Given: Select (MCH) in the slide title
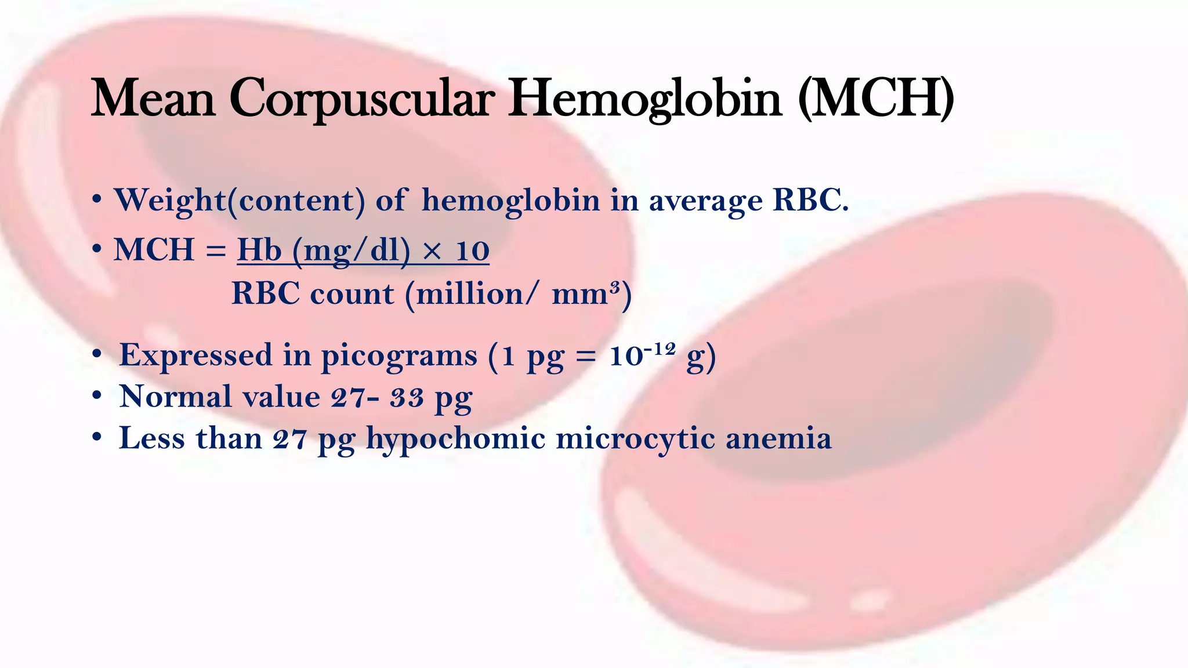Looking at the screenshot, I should [876, 99].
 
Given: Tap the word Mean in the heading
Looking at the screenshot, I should [153, 99].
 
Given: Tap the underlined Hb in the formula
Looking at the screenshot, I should [259, 251].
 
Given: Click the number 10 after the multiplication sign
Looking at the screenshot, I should [472, 251].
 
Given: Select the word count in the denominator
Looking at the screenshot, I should [352, 294].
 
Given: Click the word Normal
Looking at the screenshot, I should [175, 397].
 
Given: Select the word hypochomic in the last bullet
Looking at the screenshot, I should [456, 439].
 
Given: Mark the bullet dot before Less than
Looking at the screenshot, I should [97, 438].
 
